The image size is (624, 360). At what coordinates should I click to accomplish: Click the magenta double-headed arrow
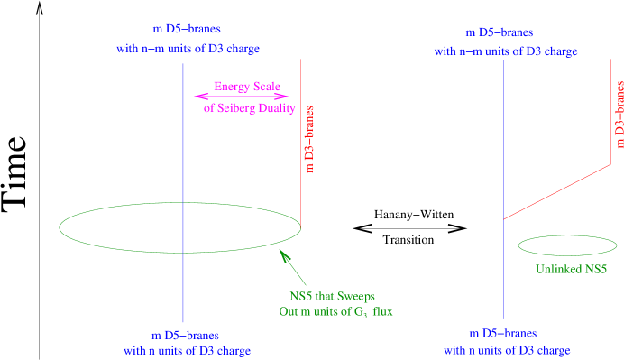tap(241, 97)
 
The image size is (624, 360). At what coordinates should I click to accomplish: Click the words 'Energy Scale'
tap(243, 87)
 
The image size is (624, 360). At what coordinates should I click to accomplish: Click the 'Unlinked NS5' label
tap(573, 269)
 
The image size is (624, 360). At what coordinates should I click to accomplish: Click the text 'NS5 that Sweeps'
tap(331, 296)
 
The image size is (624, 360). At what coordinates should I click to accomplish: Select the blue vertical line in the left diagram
tap(183, 135)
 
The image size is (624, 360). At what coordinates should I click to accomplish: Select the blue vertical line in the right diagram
tap(503, 135)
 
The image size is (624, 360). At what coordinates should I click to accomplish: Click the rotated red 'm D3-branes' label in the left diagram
tap(309, 136)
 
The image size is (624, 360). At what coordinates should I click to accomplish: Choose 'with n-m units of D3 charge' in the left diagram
tap(188, 48)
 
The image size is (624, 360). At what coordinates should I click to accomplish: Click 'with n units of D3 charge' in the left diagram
tap(187, 349)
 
